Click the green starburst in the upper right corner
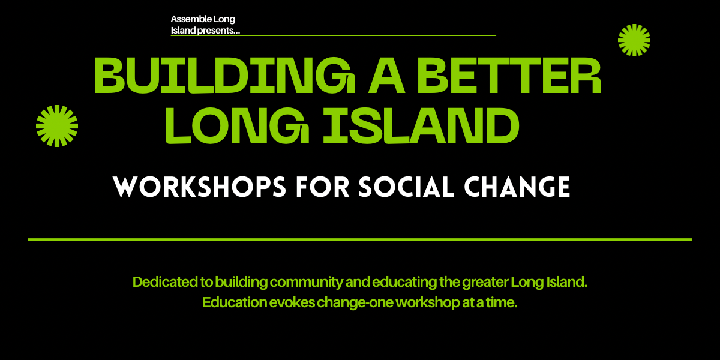point(634,40)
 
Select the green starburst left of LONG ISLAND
point(57,125)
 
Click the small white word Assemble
point(188,20)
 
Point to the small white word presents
point(218,31)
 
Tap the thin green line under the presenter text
point(333,35)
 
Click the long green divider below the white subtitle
point(360,239)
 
